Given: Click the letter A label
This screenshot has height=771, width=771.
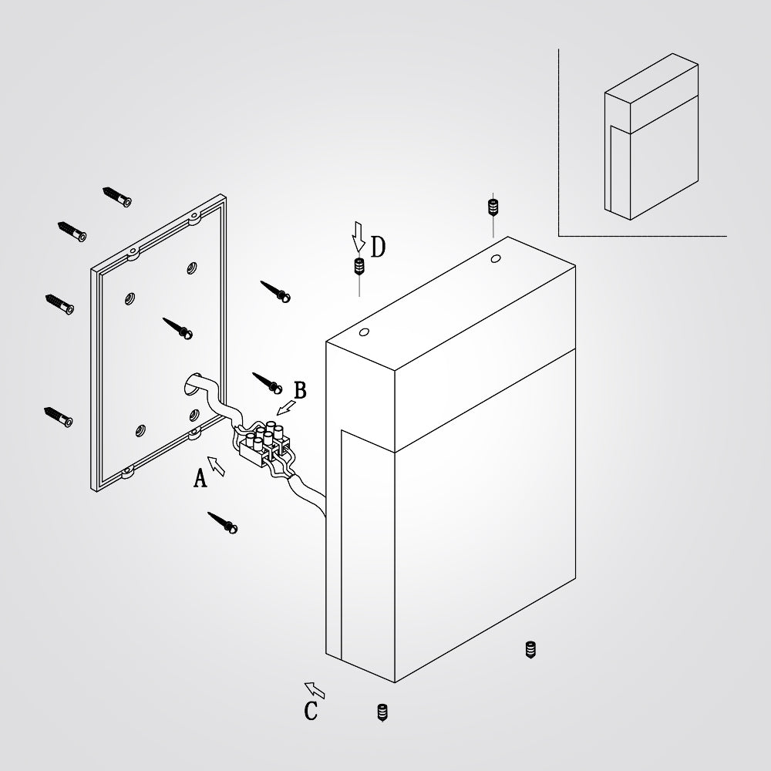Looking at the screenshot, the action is pyautogui.click(x=200, y=478).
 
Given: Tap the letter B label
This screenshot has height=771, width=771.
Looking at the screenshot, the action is pyautogui.click(x=300, y=390).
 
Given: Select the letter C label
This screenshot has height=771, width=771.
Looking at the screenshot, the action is pyautogui.click(x=311, y=711).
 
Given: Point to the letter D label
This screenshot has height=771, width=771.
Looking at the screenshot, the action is pyautogui.click(x=378, y=247).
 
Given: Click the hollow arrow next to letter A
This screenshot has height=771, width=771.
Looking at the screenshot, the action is pyautogui.click(x=216, y=466).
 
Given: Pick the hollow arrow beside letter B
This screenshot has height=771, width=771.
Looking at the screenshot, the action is pyautogui.click(x=286, y=408).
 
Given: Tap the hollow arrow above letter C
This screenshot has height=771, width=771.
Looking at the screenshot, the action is pyautogui.click(x=315, y=690).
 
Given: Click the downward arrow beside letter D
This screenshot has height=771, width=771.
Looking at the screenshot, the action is pyautogui.click(x=359, y=237).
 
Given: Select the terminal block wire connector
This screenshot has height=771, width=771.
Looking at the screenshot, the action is pyautogui.click(x=263, y=445).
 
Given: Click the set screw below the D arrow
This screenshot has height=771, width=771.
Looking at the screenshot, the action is pyautogui.click(x=359, y=266).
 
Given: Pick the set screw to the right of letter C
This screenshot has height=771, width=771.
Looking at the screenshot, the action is pyautogui.click(x=382, y=712).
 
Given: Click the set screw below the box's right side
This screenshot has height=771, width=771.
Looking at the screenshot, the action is pyautogui.click(x=530, y=649).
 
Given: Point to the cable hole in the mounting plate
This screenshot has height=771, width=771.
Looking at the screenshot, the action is pyautogui.click(x=192, y=384).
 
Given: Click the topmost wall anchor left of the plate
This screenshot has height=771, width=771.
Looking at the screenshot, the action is pyautogui.click(x=117, y=197).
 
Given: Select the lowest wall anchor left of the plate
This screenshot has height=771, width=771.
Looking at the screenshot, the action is pyautogui.click(x=59, y=417).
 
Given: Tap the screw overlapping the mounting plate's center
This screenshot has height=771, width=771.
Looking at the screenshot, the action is pyautogui.click(x=177, y=328).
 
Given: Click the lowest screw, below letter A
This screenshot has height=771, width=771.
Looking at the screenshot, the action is pyautogui.click(x=223, y=523).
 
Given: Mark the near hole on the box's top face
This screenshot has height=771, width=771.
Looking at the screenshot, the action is pyautogui.click(x=364, y=332).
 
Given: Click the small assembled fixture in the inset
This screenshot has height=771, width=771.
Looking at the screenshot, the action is pyautogui.click(x=651, y=136).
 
